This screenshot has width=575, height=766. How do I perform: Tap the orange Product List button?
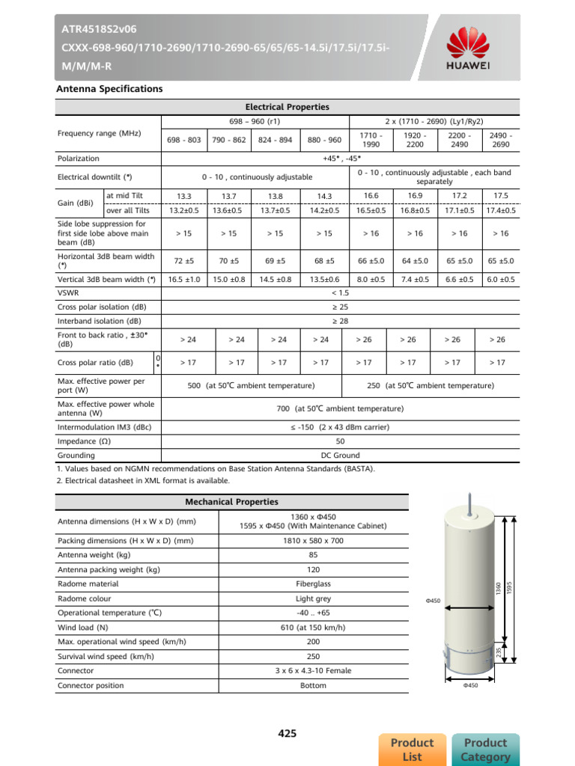click(412, 749)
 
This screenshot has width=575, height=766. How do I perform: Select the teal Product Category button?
click(485, 749)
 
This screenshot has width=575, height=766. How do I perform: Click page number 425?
click(287, 734)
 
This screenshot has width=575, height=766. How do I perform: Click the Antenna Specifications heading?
click(109, 89)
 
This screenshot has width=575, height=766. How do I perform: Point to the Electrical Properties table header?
click(287, 108)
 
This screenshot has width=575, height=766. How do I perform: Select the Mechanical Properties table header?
click(231, 501)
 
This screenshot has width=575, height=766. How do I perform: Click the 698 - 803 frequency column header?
click(184, 140)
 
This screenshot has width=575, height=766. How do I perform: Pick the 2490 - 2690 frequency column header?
click(500, 139)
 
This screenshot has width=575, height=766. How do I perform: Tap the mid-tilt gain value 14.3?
click(324, 196)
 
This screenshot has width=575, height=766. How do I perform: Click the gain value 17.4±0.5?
click(500, 211)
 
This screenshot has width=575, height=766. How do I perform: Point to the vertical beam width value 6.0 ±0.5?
click(500, 280)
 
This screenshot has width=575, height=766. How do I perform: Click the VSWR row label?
click(68, 293)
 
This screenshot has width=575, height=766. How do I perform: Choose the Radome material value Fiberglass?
click(313, 583)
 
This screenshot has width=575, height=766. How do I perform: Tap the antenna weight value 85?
click(313, 555)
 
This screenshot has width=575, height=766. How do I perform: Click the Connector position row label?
click(90, 685)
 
